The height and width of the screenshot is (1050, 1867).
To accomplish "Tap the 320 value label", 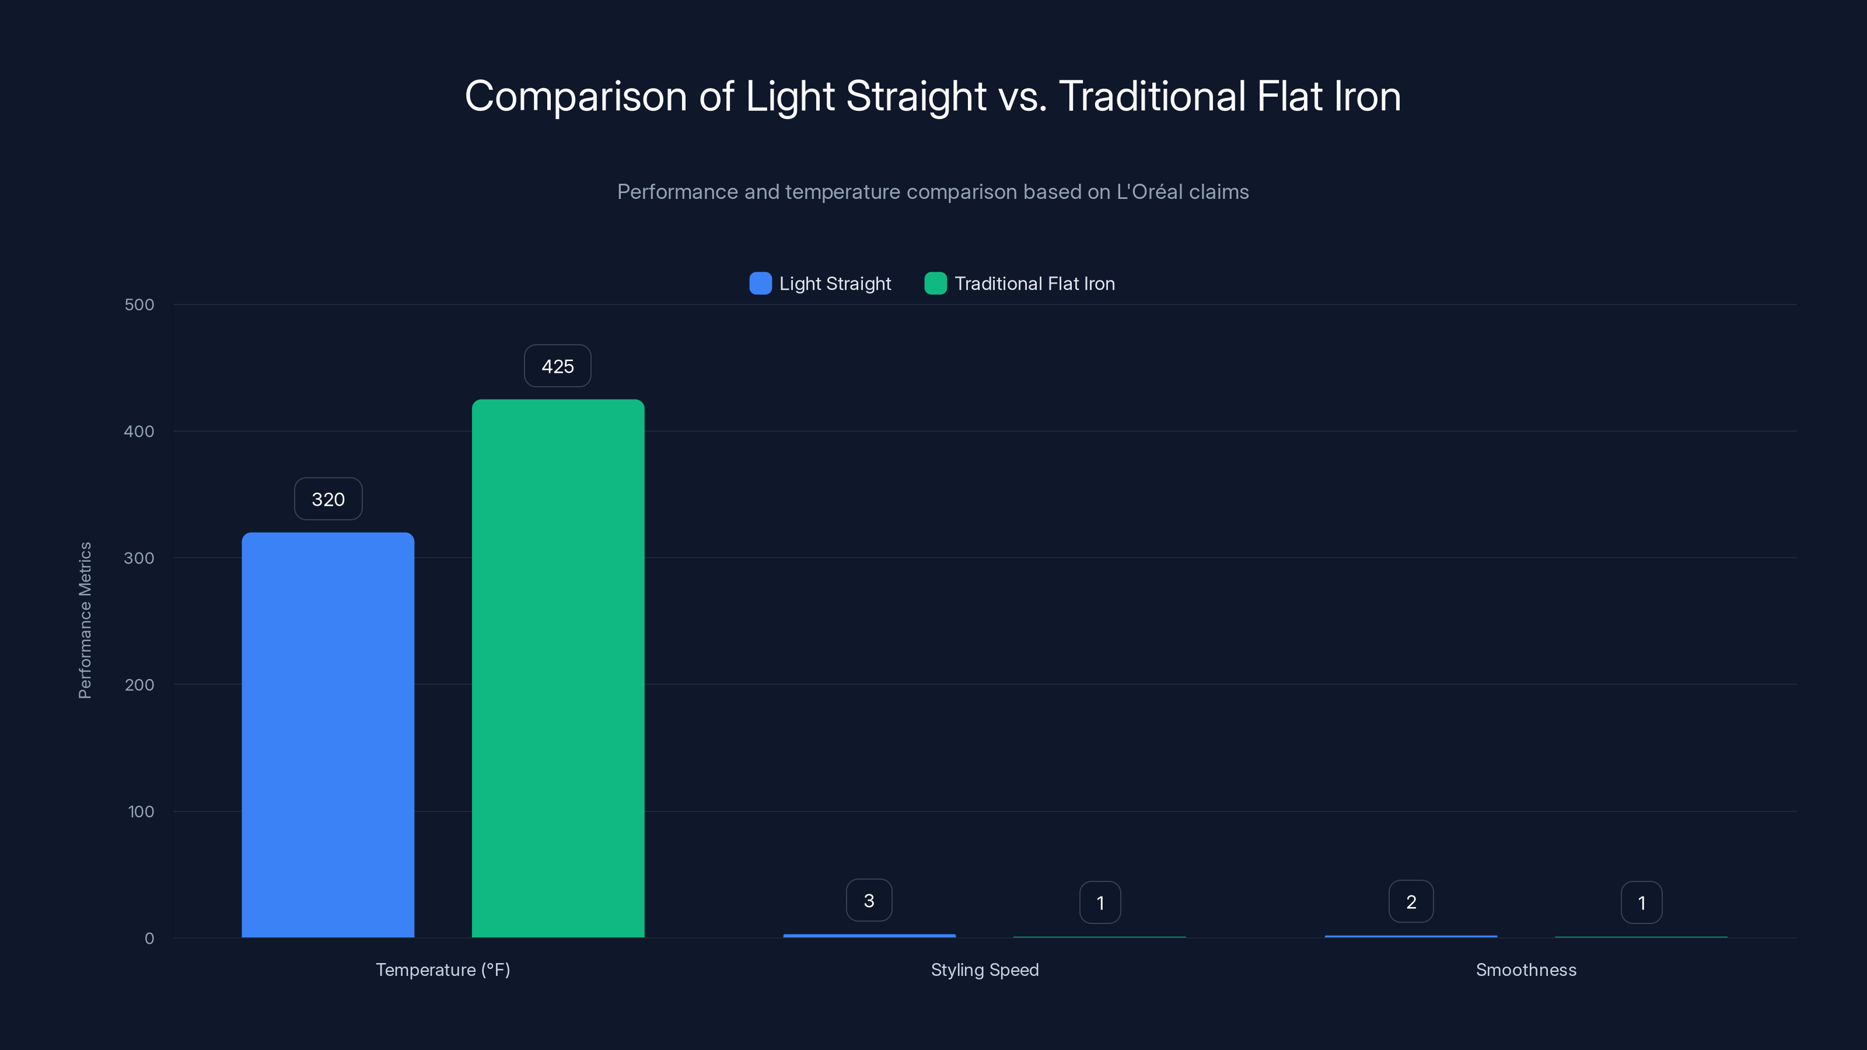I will pos(327,499).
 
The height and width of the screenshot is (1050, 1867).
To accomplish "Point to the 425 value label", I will pos(557,366).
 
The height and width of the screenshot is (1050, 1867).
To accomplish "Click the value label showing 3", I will pos(868,901).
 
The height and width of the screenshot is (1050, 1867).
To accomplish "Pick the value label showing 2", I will pos(1410,901).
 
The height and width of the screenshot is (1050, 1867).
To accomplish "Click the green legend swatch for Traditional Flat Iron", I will pos(935,283).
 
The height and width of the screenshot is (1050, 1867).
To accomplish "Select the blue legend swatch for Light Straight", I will pos(760,283).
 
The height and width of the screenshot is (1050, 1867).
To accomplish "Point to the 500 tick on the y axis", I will pos(139,304).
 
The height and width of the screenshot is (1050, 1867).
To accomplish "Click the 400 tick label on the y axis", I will pos(139,431).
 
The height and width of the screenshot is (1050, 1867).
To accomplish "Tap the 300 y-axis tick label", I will pos(139,558).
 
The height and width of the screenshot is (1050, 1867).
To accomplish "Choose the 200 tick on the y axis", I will pos(139,685).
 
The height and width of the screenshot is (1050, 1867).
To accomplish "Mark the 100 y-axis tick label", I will pos(141,811).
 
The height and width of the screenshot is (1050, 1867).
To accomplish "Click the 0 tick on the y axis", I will pos(149,939).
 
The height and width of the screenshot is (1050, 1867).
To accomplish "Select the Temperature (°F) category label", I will pos(443,970).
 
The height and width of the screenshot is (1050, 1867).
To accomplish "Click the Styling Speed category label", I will pos(984,970).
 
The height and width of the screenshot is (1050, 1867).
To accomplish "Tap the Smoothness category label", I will pos(1526,970).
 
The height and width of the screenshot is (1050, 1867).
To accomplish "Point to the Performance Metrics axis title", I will pos(85,620).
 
